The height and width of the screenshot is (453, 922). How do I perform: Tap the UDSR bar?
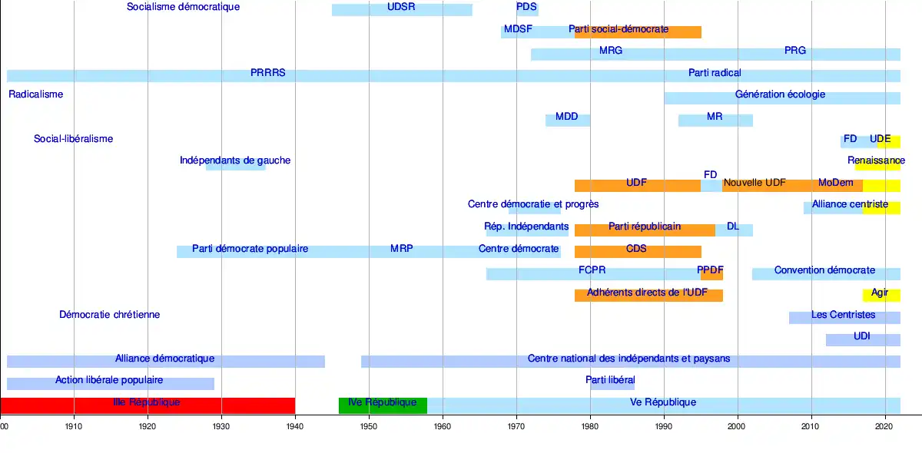pyautogui.click(x=402, y=10)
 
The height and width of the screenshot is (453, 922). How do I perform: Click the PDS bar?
pyautogui.click(x=527, y=10)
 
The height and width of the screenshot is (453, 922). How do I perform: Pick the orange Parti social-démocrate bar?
pyautogui.click(x=638, y=31)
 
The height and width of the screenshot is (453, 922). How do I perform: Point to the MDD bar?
pyautogui.click(x=567, y=120)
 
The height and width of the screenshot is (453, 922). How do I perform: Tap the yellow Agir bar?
pyautogui.click(x=881, y=295)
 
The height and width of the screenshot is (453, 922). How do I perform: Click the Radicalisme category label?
pyautogui.click(x=36, y=94)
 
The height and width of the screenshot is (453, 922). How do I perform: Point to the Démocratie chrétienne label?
pyautogui.click(x=109, y=315)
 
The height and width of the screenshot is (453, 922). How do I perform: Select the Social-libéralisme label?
pyautogui.click(x=73, y=139)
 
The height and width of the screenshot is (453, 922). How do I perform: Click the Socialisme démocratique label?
pyautogui.click(x=183, y=7)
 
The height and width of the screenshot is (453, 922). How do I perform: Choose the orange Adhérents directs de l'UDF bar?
pyautogui.click(x=648, y=295)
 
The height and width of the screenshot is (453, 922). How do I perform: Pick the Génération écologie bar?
pyautogui.click(x=781, y=98)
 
